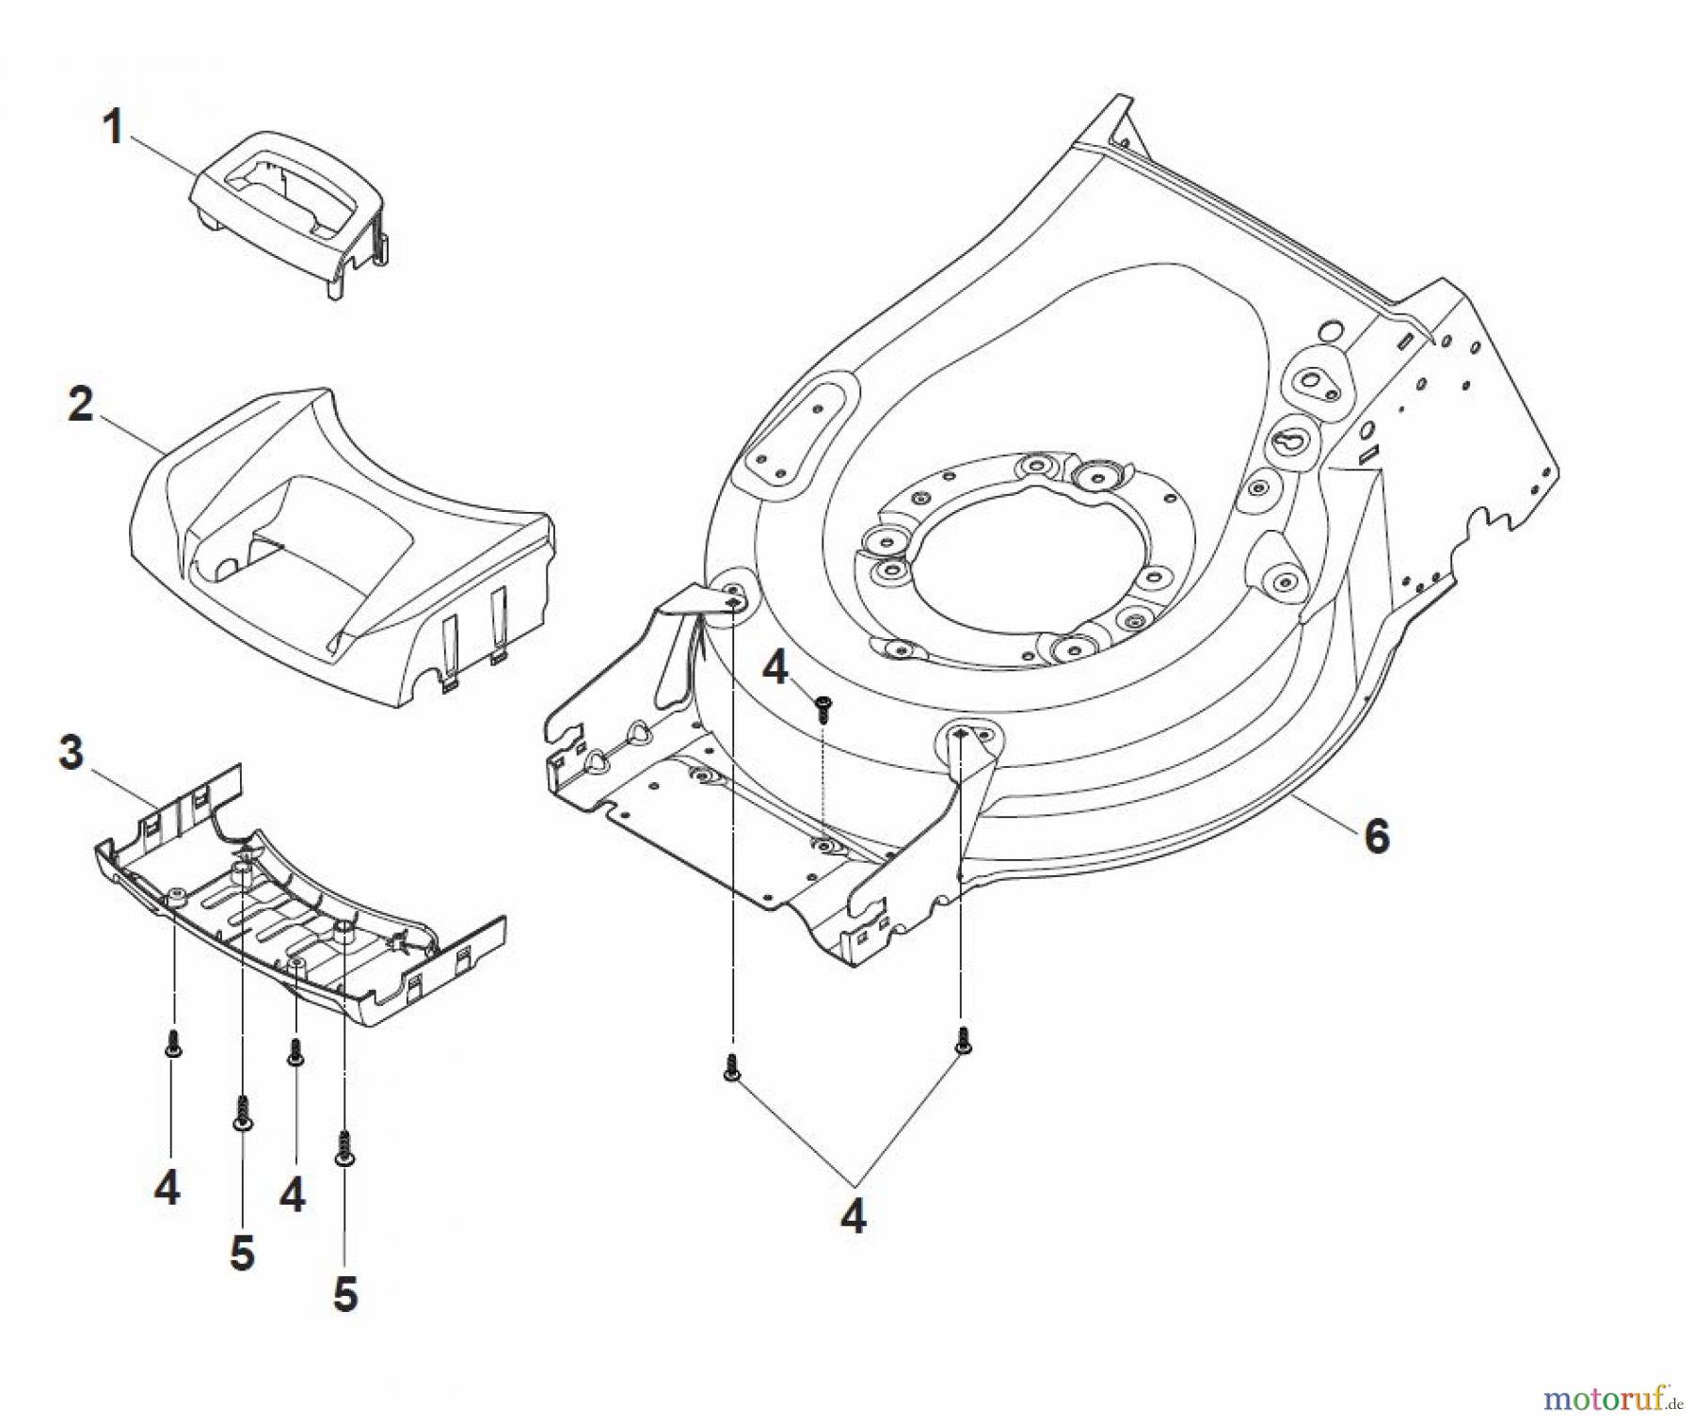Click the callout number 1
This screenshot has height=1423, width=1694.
[113, 127]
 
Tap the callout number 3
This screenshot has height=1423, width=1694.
[71, 753]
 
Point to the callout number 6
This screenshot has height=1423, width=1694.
[1376, 836]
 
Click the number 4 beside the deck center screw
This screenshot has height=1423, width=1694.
[775, 669]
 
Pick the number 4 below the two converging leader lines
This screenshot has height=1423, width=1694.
[853, 1217]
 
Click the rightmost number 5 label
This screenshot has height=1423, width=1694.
[345, 1295]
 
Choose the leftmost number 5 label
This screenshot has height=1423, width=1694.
[242, 1254]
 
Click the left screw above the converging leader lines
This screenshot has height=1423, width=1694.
[731, 1068]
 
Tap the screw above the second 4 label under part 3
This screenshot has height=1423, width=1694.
[295, 1052]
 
